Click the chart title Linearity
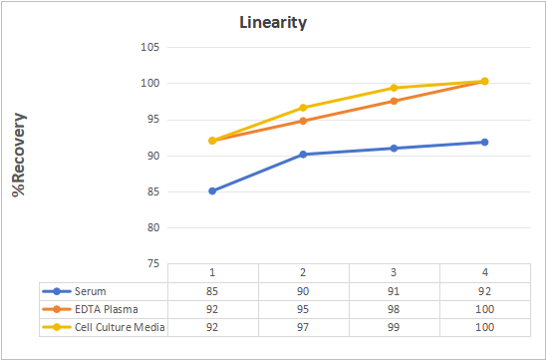click(x=273, y=23)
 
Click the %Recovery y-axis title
click(x=19, y=155)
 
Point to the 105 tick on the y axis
click(x=150, y=47)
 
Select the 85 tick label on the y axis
click(x=152, y=191)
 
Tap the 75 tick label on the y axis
click(x=152, y=264)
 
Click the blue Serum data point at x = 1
click(x=212, y=191)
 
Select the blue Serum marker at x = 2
click(x=303, y=154)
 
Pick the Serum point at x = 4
click(x=484, y=142)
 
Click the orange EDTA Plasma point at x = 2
click(x=303, y=121)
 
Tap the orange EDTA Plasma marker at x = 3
click(x=394, y=101)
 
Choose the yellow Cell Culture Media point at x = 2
click(x=303, y=108)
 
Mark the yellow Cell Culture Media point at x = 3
click(x=394, y=88)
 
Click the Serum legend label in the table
click(x=91, y=291)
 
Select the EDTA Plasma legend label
click(x=107, y=309)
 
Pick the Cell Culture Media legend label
click(x=120, y=327)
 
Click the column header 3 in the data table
click(x=394, y=272)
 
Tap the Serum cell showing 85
click(x=212, y=291)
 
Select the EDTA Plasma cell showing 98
click(x=394, y=309)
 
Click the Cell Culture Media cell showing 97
click(x=303, y=327)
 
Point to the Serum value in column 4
click(x=484, y=291)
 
